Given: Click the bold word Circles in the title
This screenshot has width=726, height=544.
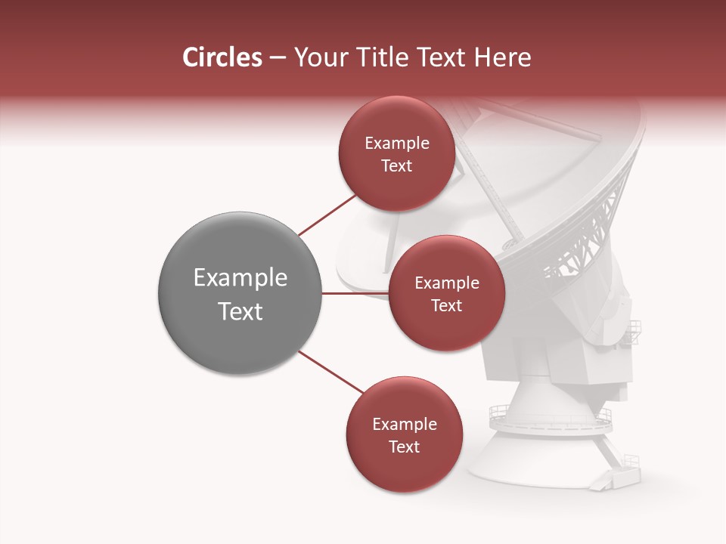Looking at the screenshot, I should (x=222, y=57).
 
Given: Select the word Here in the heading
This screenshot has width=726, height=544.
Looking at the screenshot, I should (x=504, y=57).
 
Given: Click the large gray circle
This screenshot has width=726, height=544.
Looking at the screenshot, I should (x=240, y=293).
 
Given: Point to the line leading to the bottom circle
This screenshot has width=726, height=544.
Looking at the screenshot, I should (x=330, y=372).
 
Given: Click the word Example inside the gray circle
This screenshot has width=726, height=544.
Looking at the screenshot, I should (x=240, y=278).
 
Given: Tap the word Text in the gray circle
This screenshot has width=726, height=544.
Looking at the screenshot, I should (x=240, y=311).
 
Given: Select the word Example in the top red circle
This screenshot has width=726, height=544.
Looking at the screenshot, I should (x=396, y=144).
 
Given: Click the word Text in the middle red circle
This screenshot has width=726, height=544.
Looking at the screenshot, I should (x=446, y=306).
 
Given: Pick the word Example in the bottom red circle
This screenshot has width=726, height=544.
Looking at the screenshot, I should (x=404, y=425).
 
